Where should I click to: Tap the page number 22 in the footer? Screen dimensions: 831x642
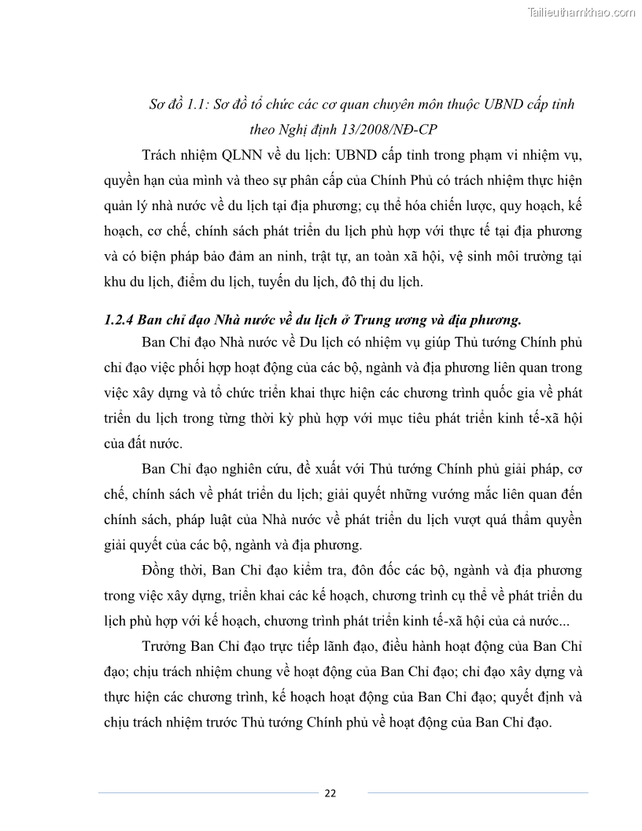click(x=330, y=792)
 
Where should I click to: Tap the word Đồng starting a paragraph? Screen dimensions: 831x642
click(x=161, y=570)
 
